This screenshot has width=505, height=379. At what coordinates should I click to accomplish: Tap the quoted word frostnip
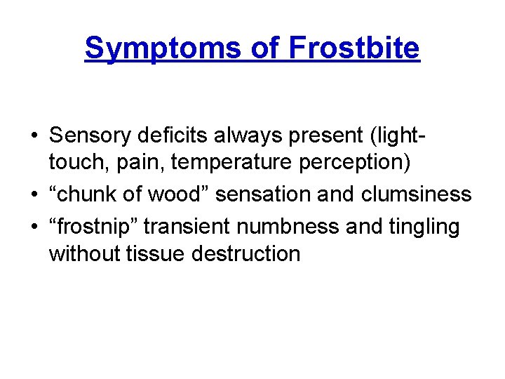(93, 227)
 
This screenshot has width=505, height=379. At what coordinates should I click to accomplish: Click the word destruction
(245, 253)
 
